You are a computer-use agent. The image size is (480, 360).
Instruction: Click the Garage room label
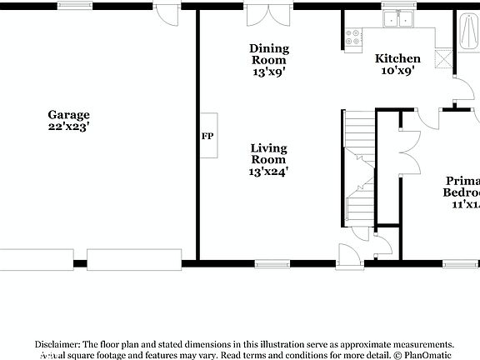tap(68, 115)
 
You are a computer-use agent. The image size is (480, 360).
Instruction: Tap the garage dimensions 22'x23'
tap(68, 127)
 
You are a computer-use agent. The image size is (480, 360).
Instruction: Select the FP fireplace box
tap(207, 136)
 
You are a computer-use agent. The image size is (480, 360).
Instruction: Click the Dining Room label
tap(268, 54)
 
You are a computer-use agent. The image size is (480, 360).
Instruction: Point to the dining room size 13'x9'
tap(269, 72)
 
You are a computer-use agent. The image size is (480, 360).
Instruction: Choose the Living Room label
tap(268, 153)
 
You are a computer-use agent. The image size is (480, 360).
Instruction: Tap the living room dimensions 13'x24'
tap(268, 172)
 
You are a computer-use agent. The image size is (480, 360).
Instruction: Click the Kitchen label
tap(397, 59)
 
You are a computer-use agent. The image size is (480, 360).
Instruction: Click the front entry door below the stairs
tap(348, 253)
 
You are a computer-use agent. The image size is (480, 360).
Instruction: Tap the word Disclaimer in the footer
tap(56, 343)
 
